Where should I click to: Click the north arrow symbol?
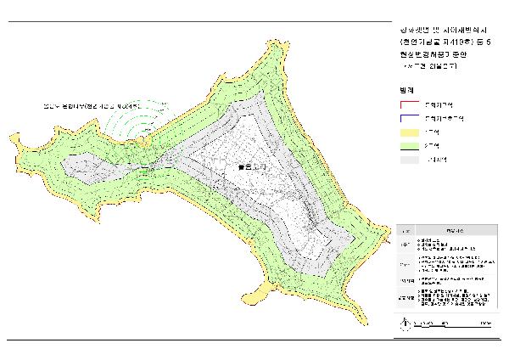point(405,323)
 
